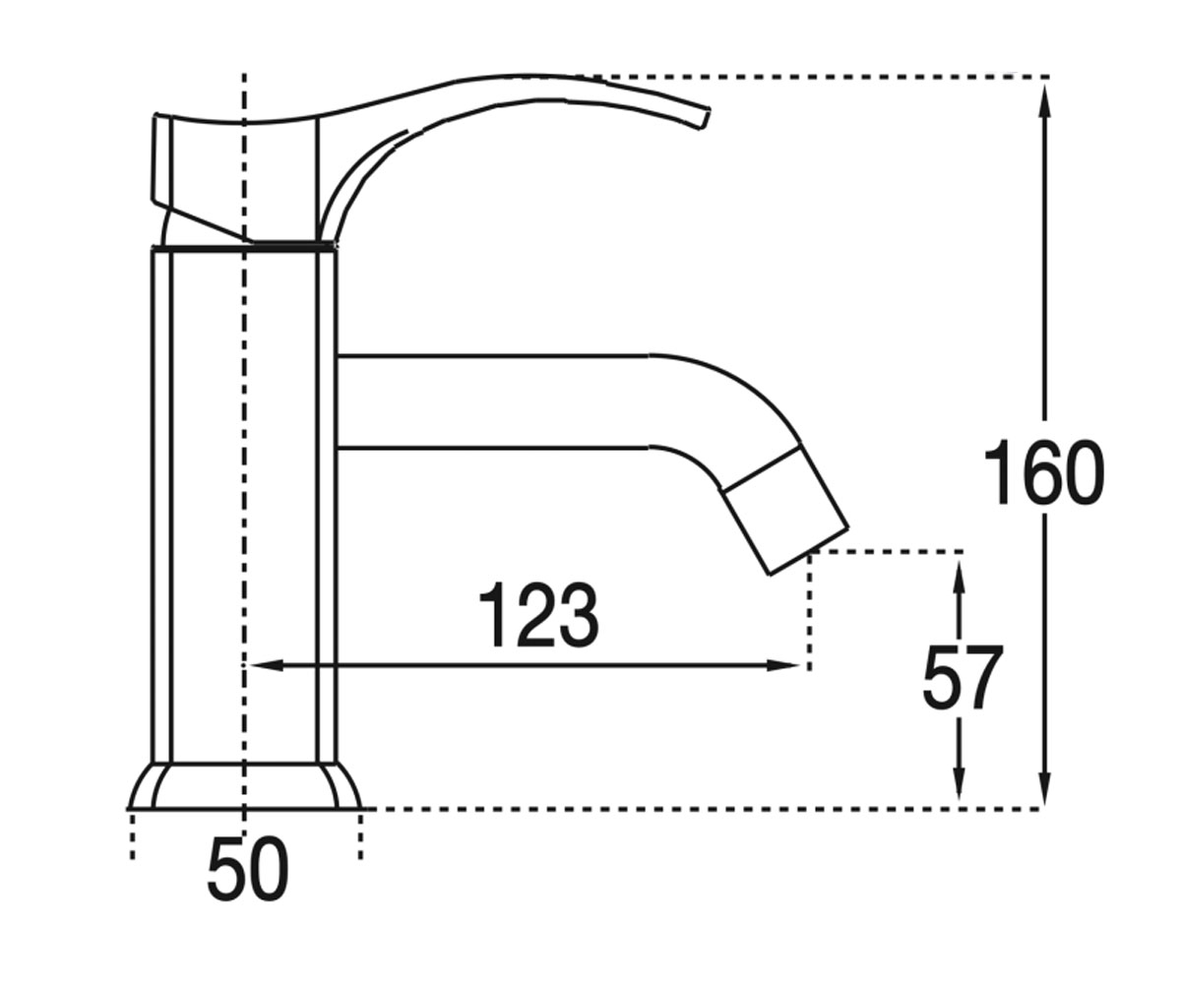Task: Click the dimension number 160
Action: (1044, 471)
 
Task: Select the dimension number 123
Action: (538, 614)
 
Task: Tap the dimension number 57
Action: (963, 677)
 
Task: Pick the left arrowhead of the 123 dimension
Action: (266, 665)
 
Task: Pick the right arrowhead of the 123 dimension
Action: (783, 665)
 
